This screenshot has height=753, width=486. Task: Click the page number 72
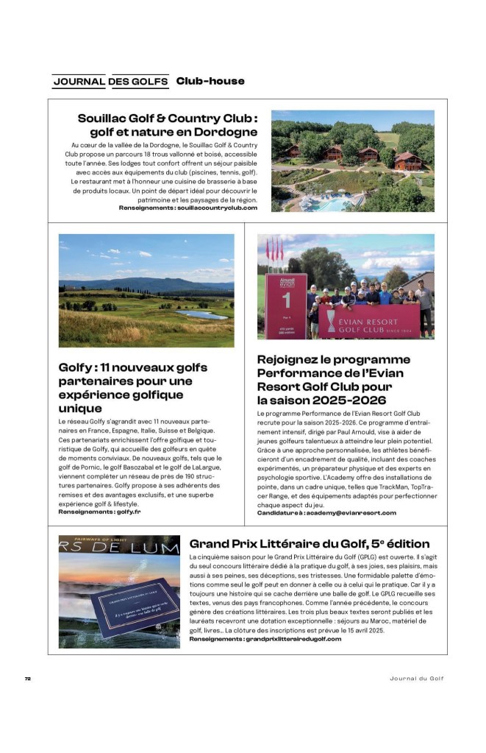(x=27, y=679)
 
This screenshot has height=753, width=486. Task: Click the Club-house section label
(x=210, y=81)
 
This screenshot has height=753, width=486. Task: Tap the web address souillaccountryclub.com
(x=217, y=208)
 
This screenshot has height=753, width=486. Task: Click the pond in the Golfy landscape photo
(x=202, y=314)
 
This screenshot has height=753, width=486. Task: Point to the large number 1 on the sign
(x=287, y=300)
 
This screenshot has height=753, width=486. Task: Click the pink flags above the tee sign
(x=274, y=250)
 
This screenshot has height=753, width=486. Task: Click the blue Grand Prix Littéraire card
(x=135, y=609)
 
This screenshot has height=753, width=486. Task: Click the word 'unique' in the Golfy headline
(x=80, y=408)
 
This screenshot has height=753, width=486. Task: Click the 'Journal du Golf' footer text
(x=416, y=679)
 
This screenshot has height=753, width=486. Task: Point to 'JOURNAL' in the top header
(x=79, y=81)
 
